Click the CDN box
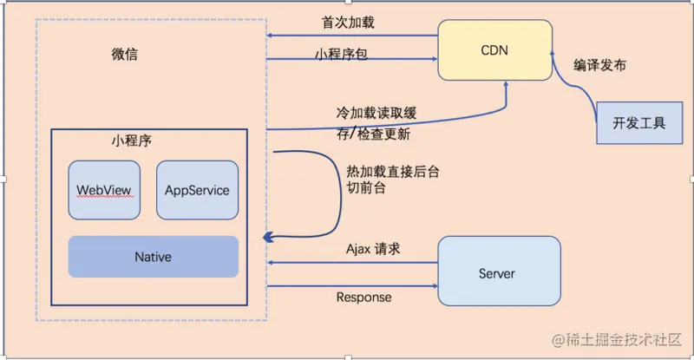pos(494,50)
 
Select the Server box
pos(496,273)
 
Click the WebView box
pos(104,189)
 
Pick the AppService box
pos(197,189)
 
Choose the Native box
pos(153,257)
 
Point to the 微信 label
pos(125,55)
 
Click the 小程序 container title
pos(134,140)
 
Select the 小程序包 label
pos(341,53)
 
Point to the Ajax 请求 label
pos(373,249)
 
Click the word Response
pos(363,297)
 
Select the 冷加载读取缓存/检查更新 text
pos(374,123)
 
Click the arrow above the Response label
pos(351,285)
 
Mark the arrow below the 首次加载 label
pos(351,36)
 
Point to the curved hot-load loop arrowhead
pos(270,236)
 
